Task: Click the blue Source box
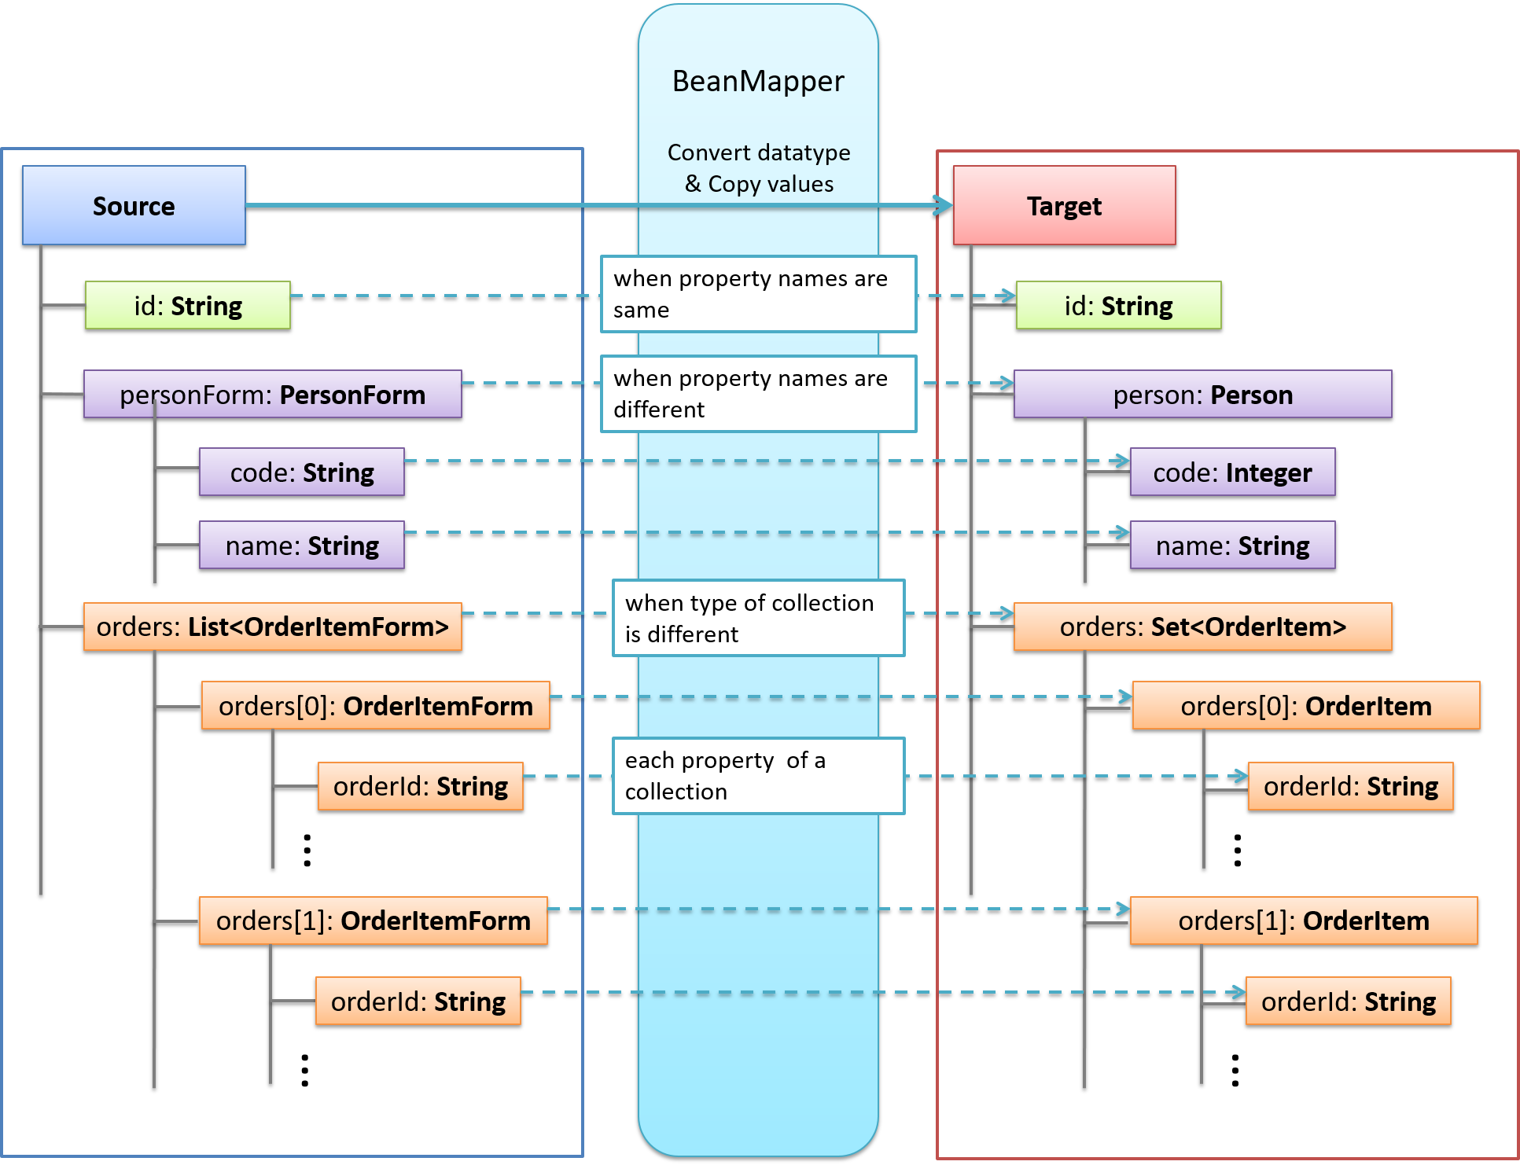click(x=134, y=206)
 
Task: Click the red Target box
click(x=1064, y=206)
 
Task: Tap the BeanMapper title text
click(x=758, y=82)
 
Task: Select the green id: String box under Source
click(x=188, y=306)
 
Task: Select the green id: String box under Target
click(x=1118, y=306)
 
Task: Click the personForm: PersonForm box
click(x=272, y=395)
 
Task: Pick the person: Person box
click(x=1202, y=395)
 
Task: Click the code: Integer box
click(x=1232, y=472)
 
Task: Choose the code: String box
click(x=302, y=472)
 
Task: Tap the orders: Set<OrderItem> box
click(x=1202, y=627)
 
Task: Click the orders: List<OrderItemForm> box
click(x=272, y=627)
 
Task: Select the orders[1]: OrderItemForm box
click(x=374, y=921)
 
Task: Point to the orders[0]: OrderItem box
click(x=1305, y=706)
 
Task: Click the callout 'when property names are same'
click(x=758, y=294)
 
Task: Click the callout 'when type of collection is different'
click(x=758, y=618)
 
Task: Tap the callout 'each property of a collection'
click(x=758, y=776)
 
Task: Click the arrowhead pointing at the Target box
click(x=943, y=206)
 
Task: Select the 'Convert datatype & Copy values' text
click(x=758, y=168)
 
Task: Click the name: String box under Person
click(x=1232, y=546)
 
